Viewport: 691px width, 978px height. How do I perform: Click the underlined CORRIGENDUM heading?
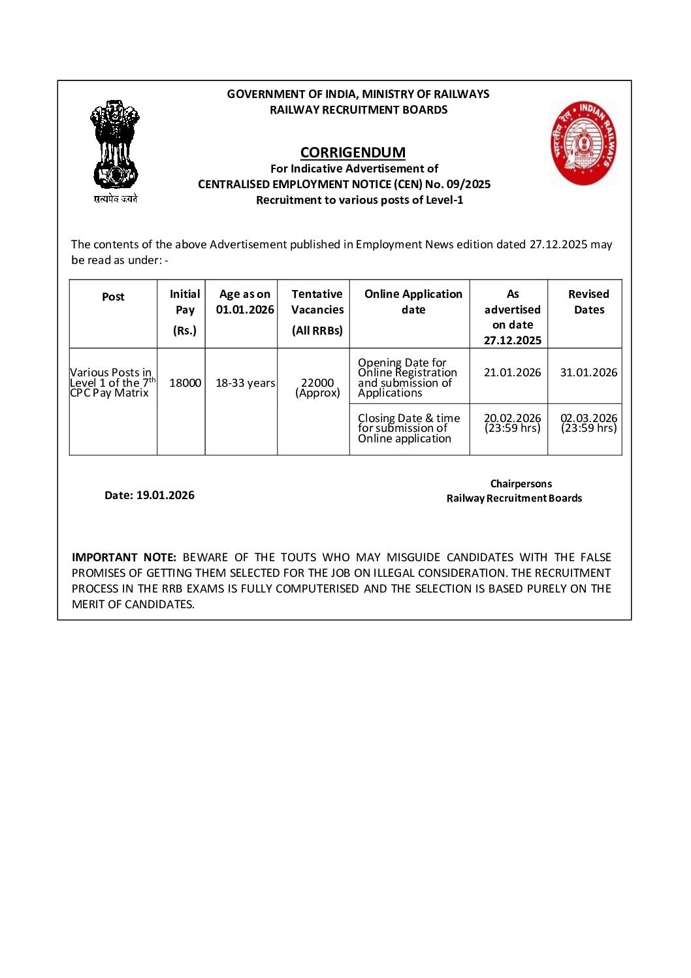pos(353,152)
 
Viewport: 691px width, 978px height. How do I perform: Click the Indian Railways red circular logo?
pos(583,143)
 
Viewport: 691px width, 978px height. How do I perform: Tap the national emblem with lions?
pos(115,145)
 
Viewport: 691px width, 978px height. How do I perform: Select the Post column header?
pos(113,297)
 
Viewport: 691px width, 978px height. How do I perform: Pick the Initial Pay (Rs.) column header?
pos(185,312)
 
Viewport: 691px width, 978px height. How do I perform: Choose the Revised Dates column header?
pos(588,302)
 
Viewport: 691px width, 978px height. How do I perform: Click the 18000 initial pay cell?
pos(185,383)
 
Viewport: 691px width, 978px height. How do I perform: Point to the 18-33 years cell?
pos(245,383)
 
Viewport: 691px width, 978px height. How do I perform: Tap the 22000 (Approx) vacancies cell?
pos(317,387)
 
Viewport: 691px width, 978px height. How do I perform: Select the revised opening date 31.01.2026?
pos(588,372)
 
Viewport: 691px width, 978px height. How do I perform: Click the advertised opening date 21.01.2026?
pos(512,372)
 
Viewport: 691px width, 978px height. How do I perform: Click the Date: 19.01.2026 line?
pos(150,495)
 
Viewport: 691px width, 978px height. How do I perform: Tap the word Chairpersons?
pos(521,483)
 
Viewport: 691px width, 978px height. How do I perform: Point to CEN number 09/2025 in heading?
pos(468,184)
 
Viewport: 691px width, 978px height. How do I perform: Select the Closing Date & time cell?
pos(408,428)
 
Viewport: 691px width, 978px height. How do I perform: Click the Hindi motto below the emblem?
pos(116,199)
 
